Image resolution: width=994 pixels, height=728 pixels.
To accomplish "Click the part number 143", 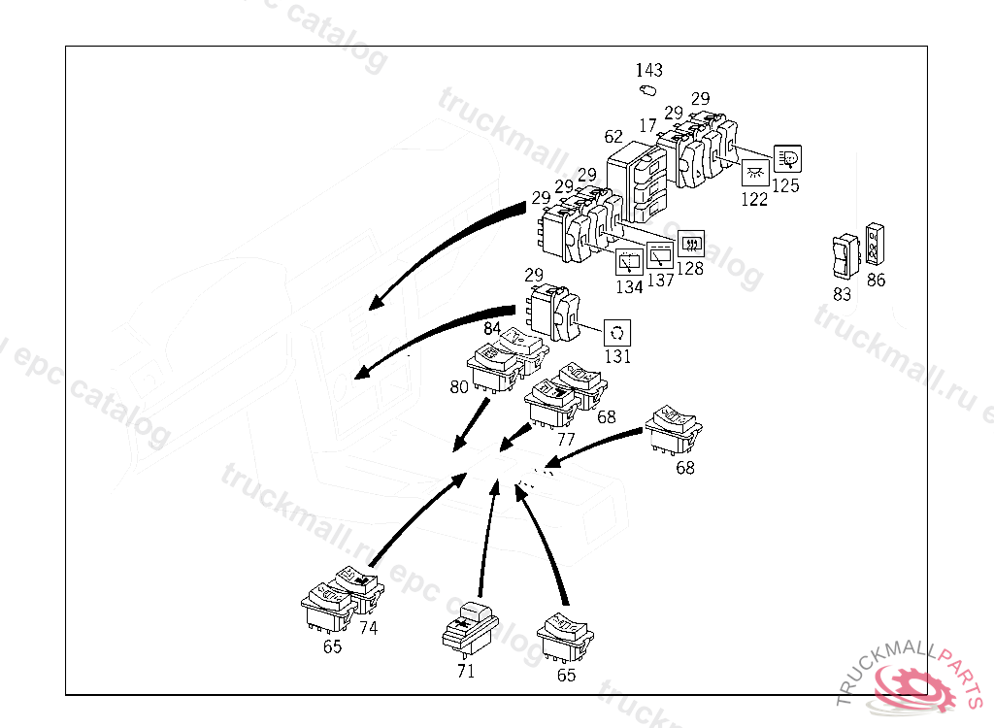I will point(649,70).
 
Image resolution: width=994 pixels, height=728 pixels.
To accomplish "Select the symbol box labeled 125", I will point(787,159).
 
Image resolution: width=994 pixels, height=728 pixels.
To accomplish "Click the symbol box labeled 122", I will point(755,174).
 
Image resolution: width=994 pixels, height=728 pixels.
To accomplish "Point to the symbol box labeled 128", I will point(690,243).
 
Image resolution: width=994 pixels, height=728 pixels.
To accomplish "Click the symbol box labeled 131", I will point(617,333).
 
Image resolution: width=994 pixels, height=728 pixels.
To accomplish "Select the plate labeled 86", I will point(874,244).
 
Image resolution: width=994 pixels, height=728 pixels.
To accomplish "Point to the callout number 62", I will point(613,137).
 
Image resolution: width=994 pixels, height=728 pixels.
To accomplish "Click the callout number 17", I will point(648,125).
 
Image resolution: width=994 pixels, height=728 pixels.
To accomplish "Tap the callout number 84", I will point(492,329).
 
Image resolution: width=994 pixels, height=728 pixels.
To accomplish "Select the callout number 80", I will point(459,386).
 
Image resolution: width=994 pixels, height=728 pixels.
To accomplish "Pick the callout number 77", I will point(566,439).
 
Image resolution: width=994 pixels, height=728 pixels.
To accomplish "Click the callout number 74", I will point(368,627).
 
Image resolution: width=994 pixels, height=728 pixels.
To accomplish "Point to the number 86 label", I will point(877,281).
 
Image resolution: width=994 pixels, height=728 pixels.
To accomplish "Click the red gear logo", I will point(912,686).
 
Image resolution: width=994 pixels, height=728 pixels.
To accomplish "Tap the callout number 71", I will point(466,671).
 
